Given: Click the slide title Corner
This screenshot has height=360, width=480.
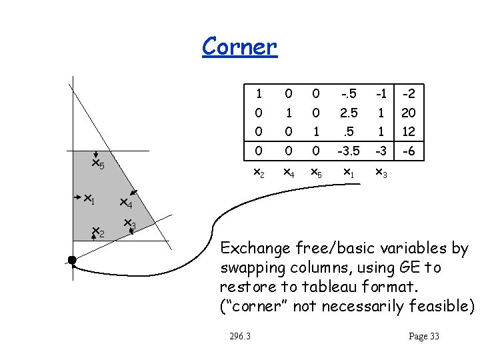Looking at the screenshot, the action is tap(239, 46).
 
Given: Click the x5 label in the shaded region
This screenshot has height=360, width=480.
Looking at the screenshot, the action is tap(97, 164).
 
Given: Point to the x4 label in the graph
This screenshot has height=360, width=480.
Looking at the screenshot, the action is tap(126, 203).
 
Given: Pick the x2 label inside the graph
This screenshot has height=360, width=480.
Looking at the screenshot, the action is tap(97, 233).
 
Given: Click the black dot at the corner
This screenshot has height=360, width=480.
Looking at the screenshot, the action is tap(72, 259).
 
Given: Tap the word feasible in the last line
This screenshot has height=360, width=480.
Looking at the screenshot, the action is tap(440, 307).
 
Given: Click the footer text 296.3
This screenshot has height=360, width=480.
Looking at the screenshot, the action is tap(238, 336).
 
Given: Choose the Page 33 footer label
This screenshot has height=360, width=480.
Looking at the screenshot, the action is tap(424, 336).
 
